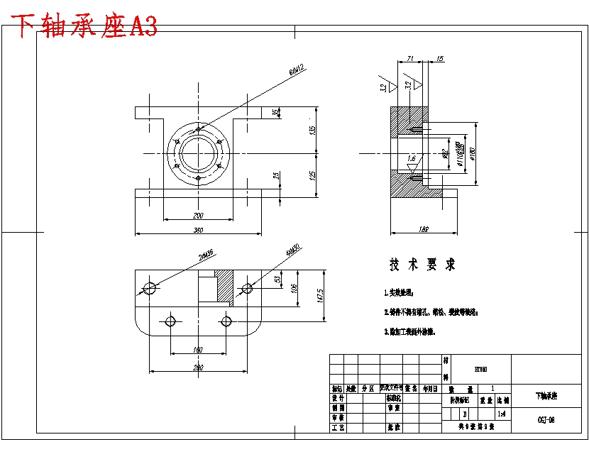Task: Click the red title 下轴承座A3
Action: (86, 27)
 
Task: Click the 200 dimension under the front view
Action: (198, 215)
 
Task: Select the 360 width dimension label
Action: (198, 230)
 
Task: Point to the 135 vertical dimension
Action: (313, 130)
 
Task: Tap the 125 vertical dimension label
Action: (313, 175)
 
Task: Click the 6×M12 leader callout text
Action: (297, 70)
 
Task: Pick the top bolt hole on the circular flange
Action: (199, 129)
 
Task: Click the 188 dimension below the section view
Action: (424, 230)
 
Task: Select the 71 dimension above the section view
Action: (410, 59)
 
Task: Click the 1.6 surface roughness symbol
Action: (411, 160)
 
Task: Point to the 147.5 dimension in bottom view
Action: (321, 294)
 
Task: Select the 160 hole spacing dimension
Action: (198, 349)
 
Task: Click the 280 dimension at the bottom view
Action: (198, 368)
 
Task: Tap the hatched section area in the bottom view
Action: (224, 287)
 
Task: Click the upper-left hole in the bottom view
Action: (150, 287)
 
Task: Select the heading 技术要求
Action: (422, 265)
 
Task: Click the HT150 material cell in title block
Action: (480, 369)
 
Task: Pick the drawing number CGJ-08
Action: (546, 419)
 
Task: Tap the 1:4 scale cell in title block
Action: (502, 413)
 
